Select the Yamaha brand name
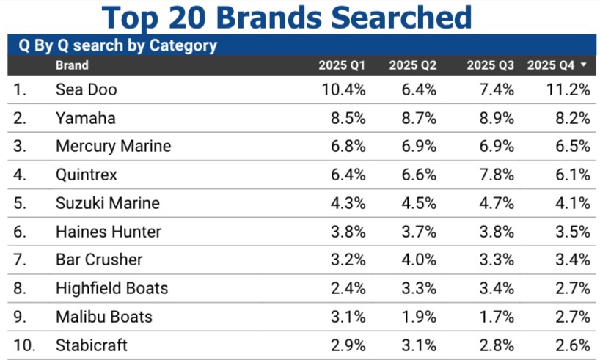[85, 118]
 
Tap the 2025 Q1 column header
[342, 65]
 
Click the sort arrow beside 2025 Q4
[583, 65]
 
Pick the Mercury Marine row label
[113, 146]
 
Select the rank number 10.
[24, 345]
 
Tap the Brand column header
[72, 65]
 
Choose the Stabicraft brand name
[90, 345]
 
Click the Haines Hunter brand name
[108, 232]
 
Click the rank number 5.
[21, 203]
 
